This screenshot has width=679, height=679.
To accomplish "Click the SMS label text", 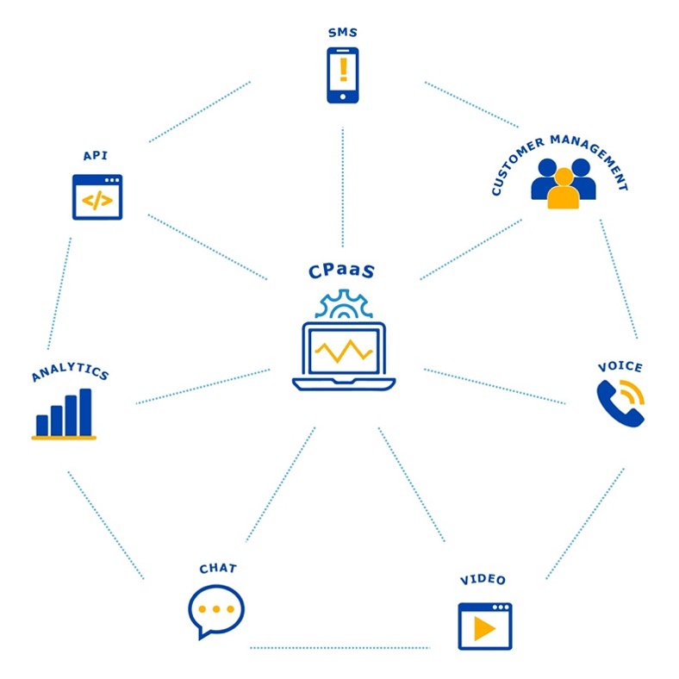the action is pyautogui.click(x=343, y=33).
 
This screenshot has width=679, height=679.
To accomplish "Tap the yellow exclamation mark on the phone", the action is pyautogui.click(x=344, y=69).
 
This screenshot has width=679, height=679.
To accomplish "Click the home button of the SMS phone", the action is pyautogui.click(x=343, y=97).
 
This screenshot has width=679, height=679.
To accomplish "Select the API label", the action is pyautogui.click(x=96, y=155).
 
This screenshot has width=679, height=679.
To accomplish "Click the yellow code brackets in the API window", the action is pyautogui.click(x=97, y=200).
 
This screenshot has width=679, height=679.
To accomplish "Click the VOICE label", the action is pyautogui.click(x=620, y=367).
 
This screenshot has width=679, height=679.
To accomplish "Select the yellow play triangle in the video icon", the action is pyautogui.click(x=484, y=628).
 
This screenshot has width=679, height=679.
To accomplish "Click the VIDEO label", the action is pyautogui.click(x=483, y=580).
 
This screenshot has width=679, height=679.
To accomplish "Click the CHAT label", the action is pyautogui.click(x=218, y=569).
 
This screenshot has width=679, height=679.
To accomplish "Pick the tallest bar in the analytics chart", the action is pyautogui.click(x=85, y=412).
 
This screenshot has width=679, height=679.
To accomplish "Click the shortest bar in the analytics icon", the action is pyautogui.click(x=42, y=426).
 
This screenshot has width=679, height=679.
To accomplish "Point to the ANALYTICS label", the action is pyautogui.click(x=70, y=372).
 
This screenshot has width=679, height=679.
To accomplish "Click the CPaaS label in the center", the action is pyautogui.click(x=341, y=271).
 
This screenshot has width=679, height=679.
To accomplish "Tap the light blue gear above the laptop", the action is pyautogui.click(x=344, y=303).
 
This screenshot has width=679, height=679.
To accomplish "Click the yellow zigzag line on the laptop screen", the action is pyautogui.click(x=344, y=351).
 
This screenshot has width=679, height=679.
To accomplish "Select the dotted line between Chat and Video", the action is pyautogui.click(x=340, y=648).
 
